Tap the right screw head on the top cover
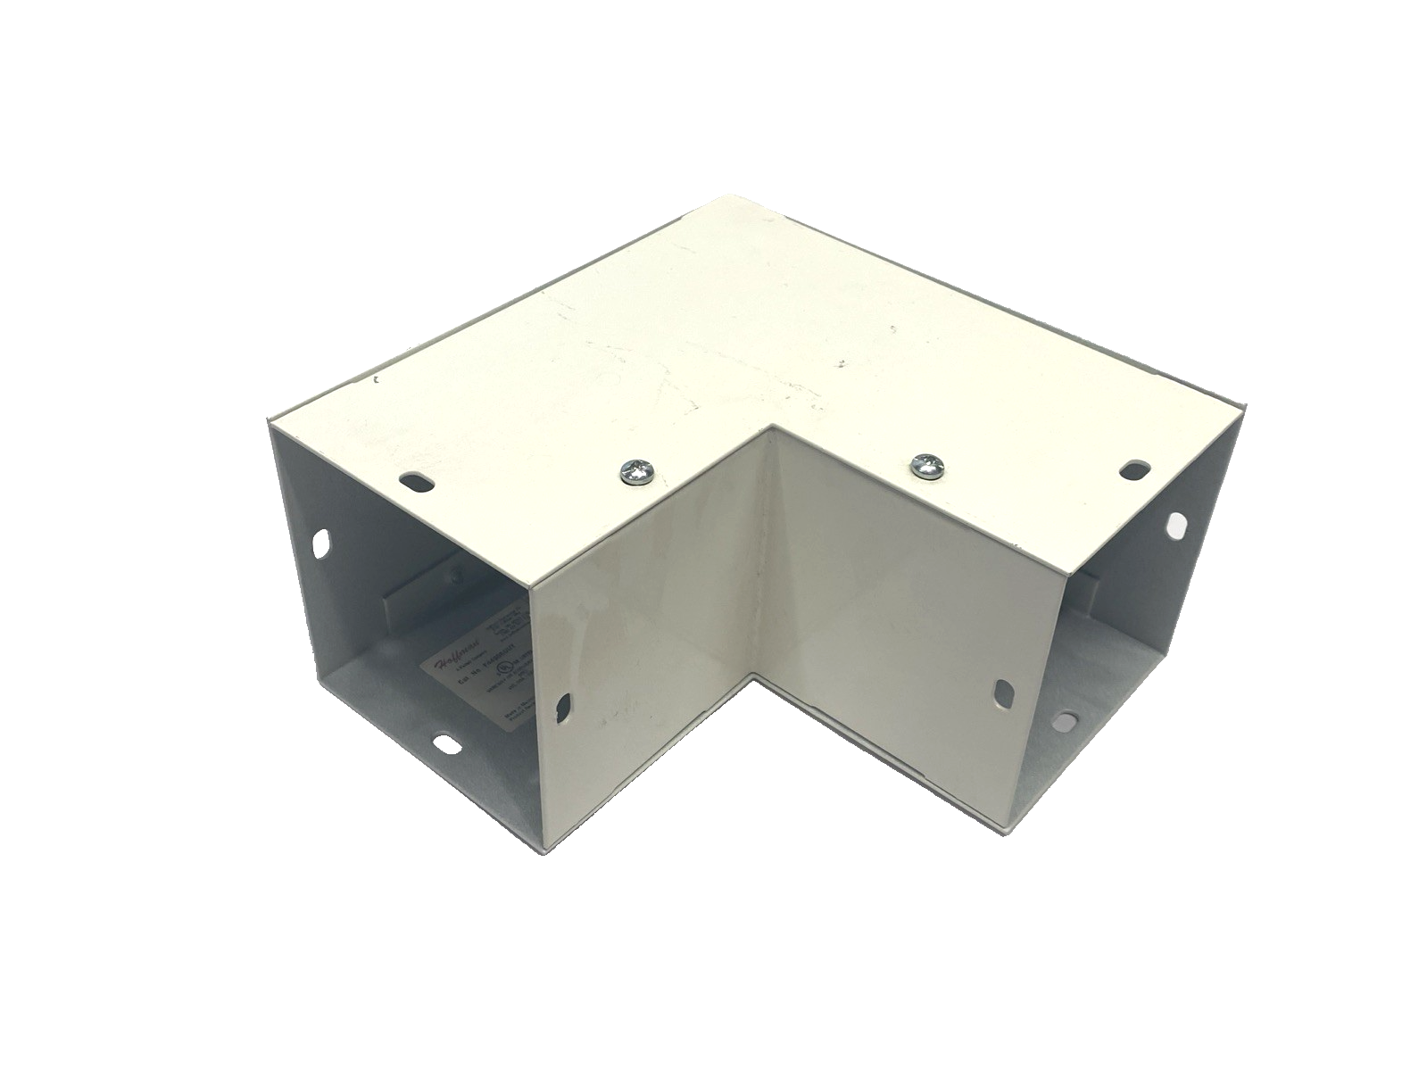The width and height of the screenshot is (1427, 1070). click(925, 466)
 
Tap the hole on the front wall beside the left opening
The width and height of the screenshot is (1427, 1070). click(563, 707)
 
